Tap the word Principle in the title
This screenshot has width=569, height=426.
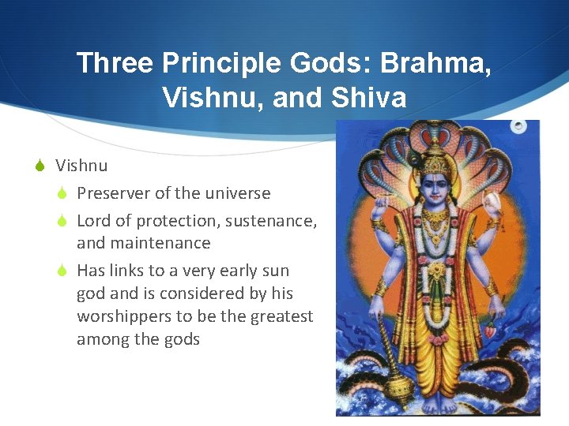pos(216,63)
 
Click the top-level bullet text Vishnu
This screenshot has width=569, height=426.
pos(81,166)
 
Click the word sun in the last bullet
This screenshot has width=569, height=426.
pos(275,271)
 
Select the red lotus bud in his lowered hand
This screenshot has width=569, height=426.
pos(492,331)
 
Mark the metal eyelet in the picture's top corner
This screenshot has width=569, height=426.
pos(519,126)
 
